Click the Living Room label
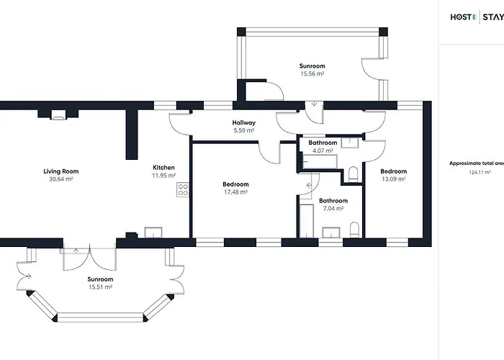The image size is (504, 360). click(x=61, y=171)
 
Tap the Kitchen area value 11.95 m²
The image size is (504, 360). click(x=164, y=176)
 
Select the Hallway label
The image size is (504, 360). click(x=244, y=122)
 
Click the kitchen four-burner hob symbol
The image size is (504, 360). click(x=183, y=189)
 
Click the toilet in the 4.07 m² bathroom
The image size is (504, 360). click(x=353, y=174)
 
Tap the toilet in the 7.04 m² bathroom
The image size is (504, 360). click(x=354, y=230)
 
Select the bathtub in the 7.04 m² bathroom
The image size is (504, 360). click(x=307, y=221)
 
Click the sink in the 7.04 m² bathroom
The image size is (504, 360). click(x=331, y=233)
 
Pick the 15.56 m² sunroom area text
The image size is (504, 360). click(x=312, y=73)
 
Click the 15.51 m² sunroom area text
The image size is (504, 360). click(x=100, y=287)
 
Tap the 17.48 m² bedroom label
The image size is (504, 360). click(x=235, y=184)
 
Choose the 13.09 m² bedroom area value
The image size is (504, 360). click(x=393, y=179)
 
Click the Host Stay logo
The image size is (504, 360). click(x=477, y=17)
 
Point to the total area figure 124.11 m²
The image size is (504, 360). click(x=480, y=172)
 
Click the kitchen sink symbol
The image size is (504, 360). click(x=153, y=233)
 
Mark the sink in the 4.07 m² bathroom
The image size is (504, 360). click(x=350, y=143)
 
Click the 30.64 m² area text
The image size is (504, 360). click(x=61, y=179)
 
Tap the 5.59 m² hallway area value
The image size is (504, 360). click(x=244, y=130)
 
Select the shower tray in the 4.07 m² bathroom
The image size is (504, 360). click(x=320, y=161)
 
